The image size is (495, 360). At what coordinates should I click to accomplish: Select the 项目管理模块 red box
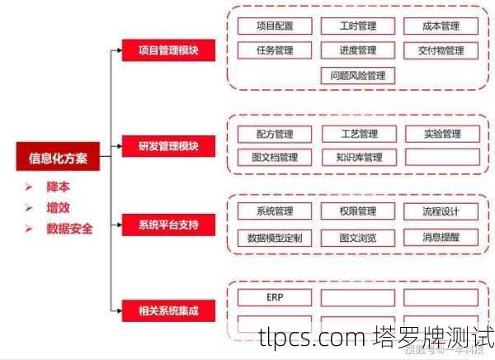[168, 50]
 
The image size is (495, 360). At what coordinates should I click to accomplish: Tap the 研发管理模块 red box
[168, 148]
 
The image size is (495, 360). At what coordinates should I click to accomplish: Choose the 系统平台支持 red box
[168, 223]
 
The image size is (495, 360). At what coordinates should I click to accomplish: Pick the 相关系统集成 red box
[168, 311]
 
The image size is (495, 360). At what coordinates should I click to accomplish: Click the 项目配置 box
[275, 26]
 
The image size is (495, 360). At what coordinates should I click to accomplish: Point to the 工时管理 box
[357, 26]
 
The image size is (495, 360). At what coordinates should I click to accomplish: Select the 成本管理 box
[440, 26]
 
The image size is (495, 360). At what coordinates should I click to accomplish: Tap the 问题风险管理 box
[357, 76]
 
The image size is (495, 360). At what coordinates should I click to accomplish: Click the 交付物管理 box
[440, 50]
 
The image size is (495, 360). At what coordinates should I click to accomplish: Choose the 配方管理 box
[275, 134]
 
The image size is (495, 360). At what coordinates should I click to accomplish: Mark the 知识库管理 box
[357, 157]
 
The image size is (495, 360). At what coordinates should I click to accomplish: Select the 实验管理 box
[441, 134]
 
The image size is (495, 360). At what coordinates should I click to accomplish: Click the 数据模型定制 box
[275, 238]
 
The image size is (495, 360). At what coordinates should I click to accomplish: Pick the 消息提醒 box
[441, 238]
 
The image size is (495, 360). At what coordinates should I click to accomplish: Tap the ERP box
[275, 297]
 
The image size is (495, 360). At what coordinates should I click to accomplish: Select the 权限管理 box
[357, 211]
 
